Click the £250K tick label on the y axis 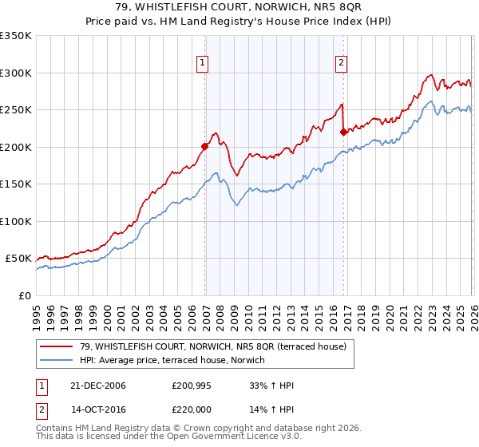tap(16, 110)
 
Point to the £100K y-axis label tap(16, 221)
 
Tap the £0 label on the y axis tap(24, 295)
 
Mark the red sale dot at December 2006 tap(204, 146)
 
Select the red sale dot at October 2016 tap(343, 133)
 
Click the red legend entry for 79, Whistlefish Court tap(212, 346)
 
